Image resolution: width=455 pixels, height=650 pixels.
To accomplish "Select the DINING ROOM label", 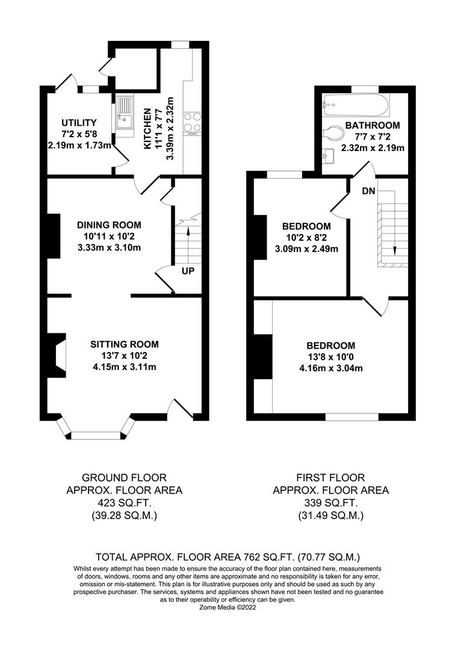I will point(109,225).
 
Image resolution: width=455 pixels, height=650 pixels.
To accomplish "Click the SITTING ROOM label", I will point(125,344).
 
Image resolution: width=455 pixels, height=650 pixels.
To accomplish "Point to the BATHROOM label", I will point(373,125).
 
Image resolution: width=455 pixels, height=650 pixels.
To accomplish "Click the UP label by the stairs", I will point(188,271).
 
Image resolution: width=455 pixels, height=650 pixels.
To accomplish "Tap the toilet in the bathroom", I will point(332,132).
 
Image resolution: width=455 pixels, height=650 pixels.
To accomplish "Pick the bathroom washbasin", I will point(329,156).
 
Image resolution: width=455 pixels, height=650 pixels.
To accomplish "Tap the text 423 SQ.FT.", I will point(124,503).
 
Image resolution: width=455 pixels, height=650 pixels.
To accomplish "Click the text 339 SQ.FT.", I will point(330,503).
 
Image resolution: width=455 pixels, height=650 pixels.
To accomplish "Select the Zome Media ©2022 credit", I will point(228,608).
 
